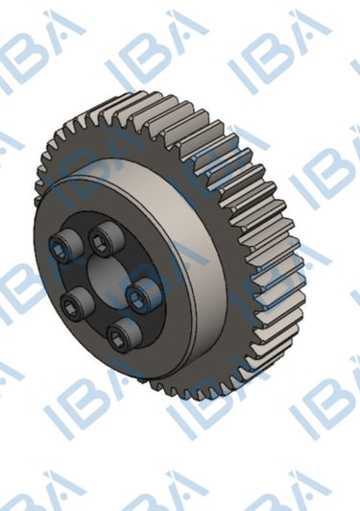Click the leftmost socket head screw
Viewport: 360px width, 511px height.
pyautogui.click(x=65, y=245)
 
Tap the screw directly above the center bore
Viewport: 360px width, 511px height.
pyautogui.click(x=106, y=237)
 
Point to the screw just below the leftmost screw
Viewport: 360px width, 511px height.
pyautogui.click(x=77, y=303)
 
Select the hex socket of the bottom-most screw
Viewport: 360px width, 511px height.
pyautogui.click(x=116, y=338)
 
